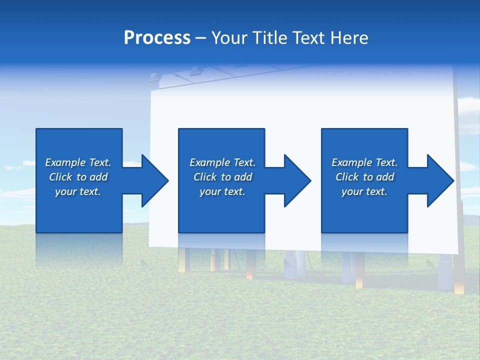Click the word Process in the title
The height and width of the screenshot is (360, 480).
pos(157,38)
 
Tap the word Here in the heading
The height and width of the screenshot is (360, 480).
pos(348,38)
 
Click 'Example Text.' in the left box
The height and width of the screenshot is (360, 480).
pos(78,162)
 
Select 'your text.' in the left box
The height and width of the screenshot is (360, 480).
pos(78,191)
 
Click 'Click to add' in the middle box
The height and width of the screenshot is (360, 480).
pos(222,177)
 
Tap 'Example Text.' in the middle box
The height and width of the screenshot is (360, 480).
pos(222,162)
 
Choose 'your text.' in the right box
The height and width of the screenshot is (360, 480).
pos(364,191)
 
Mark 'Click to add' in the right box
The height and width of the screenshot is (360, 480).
pos(364,177)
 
